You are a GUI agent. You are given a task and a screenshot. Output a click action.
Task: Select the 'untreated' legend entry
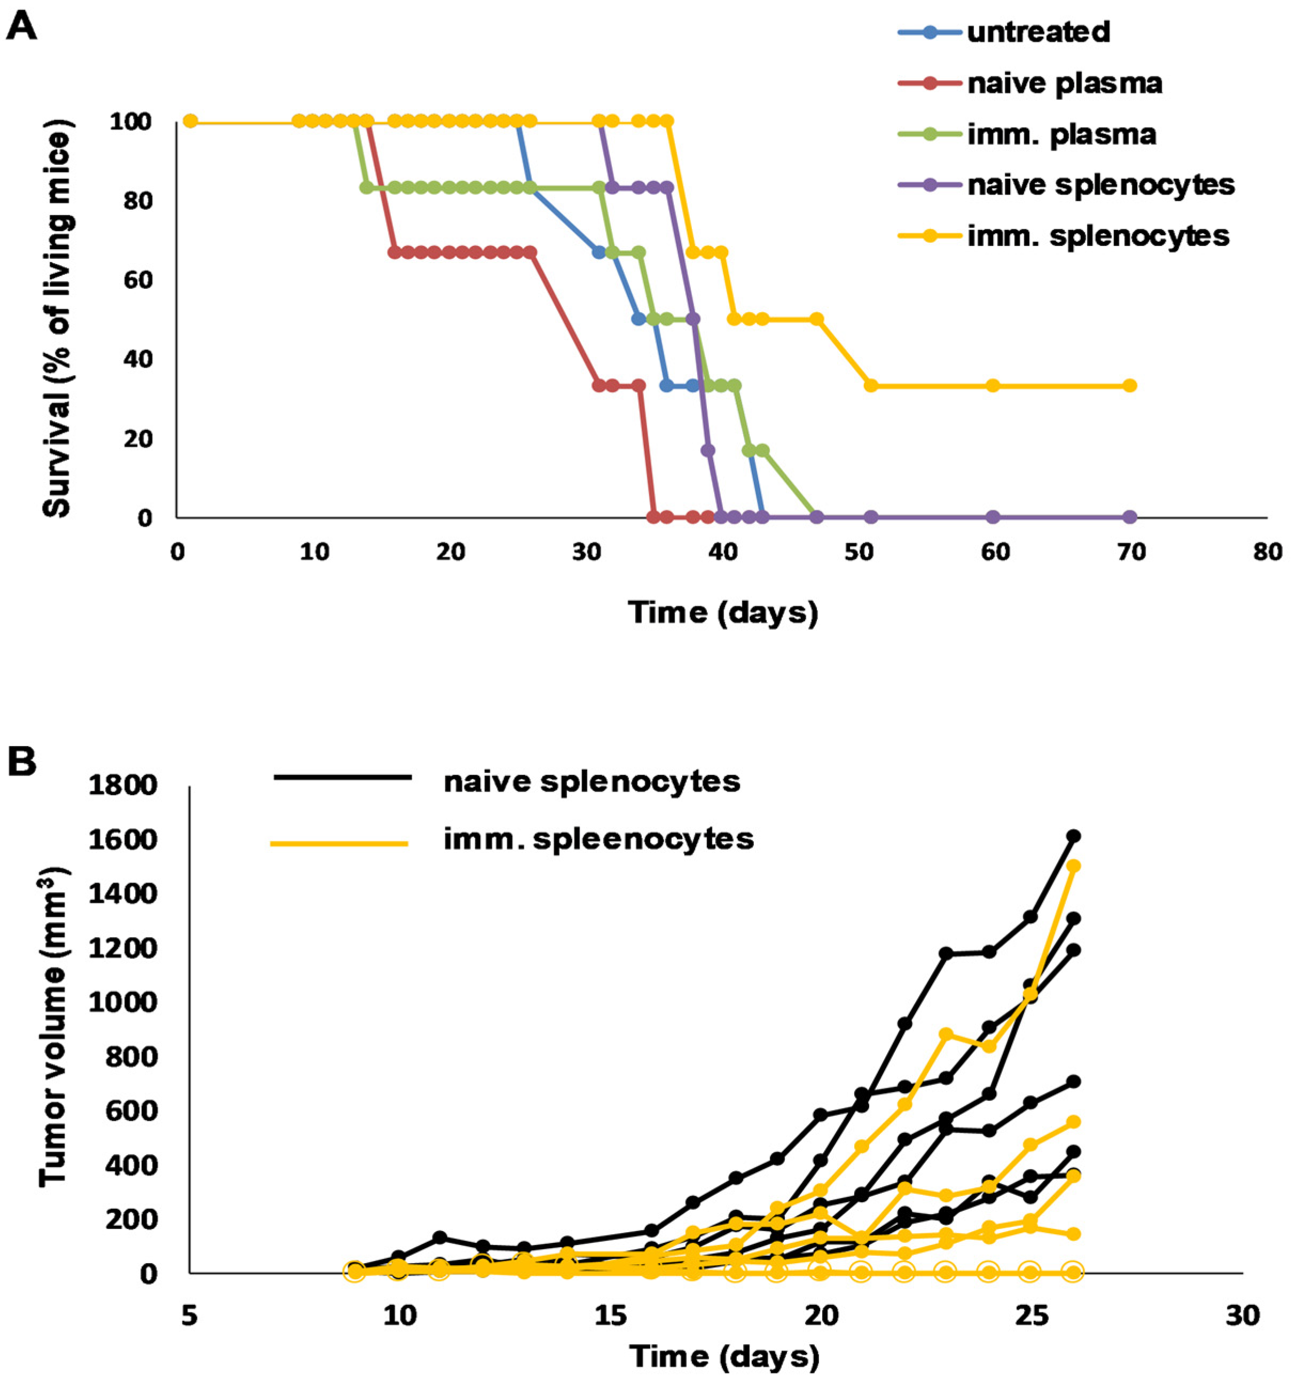coord(1038,32)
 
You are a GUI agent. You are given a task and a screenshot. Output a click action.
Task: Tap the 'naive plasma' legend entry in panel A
coord(1064,84)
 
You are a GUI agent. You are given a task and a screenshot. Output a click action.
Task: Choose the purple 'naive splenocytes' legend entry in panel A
coord(1101,185)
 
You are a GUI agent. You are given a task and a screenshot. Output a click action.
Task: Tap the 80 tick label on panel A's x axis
coord(1267,552)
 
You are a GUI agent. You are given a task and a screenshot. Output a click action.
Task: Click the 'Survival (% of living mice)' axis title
coord(57,319)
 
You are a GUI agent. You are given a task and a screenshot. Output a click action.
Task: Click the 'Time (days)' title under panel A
coord(723,612)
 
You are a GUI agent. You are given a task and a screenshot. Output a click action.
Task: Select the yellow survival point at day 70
coord(1129,385)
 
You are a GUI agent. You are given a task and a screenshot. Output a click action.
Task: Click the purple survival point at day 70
coord(1129,517)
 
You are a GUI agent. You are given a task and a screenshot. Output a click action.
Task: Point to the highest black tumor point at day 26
coord(1073,836)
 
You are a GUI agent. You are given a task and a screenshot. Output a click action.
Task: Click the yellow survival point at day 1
coord(190,122)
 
